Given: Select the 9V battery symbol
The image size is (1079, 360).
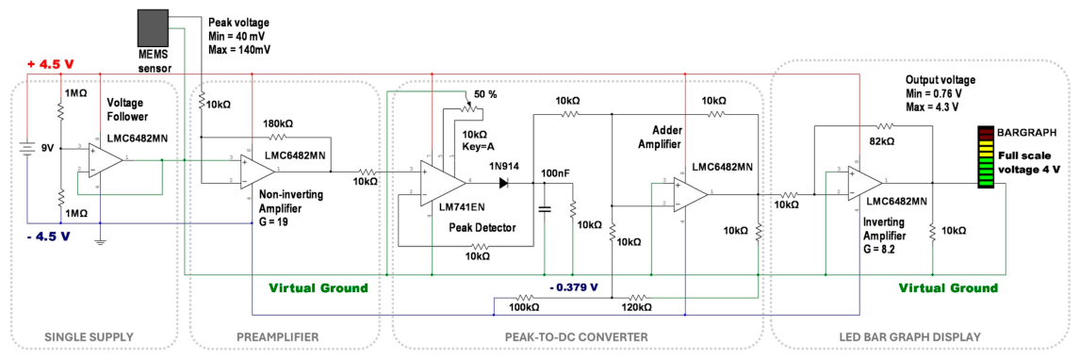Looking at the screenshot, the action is pos(26,148).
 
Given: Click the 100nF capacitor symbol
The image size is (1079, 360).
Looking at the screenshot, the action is pos(545,208).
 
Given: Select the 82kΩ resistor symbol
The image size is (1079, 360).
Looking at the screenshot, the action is pos(885,126).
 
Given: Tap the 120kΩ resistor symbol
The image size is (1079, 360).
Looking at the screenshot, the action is pos(639,298).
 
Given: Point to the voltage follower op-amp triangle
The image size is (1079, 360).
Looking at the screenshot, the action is pos(106,159).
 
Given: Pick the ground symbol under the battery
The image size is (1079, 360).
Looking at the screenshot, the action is pos(101,240).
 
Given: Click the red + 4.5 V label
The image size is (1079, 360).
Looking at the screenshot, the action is pos(50,65).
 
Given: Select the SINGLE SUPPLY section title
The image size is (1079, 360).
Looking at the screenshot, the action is pos(88,337).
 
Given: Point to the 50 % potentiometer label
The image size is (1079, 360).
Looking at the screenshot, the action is pos(486,93).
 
